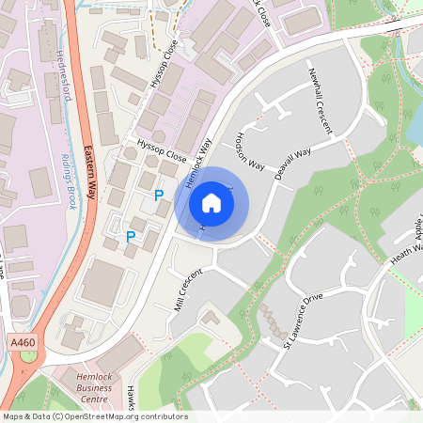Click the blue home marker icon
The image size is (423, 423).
(211, 202)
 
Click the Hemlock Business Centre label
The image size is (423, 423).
(91, 387)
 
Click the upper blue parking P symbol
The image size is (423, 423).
(159, 196)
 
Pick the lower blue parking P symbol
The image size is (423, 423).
(131, 237)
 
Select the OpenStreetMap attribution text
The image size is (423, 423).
(94, 416)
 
